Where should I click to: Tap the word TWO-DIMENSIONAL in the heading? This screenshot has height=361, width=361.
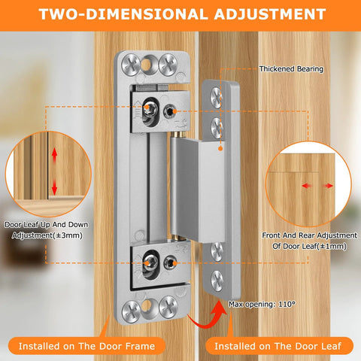pos(119,14)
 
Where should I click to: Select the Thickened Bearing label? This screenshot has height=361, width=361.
pos(291,69)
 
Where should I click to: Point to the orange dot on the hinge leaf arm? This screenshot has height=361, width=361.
pos(219,149)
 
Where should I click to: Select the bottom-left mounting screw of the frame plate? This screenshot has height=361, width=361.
pos(133,308)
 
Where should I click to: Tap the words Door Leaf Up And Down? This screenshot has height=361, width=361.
pos(44,225)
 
